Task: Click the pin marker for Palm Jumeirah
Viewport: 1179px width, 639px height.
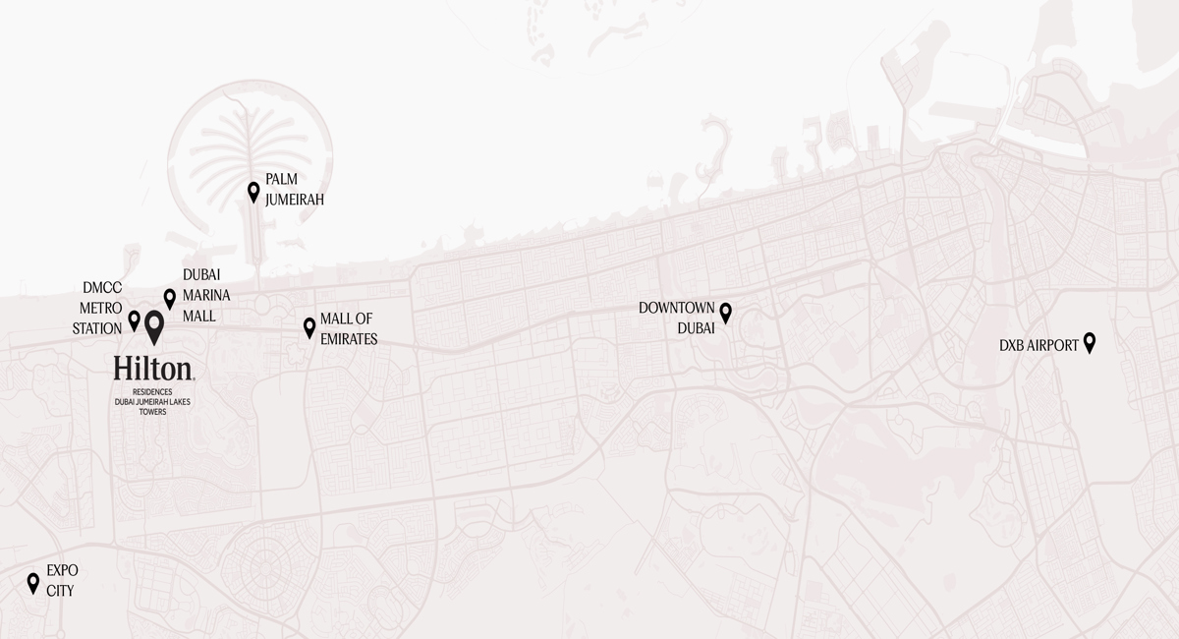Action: coord(253,192)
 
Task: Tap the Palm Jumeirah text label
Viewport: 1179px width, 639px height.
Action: coord(294,190)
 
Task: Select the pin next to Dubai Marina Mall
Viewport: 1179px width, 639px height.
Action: coord(169,299)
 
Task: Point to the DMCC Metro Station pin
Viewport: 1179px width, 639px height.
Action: coord(135,320)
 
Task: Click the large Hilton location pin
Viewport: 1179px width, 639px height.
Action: coord(154,326)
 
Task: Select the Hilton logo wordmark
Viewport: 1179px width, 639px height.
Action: coord(153,369)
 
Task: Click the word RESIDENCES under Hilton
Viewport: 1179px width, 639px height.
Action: coord(152,391)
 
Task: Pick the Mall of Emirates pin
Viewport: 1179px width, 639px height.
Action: coord(309,327)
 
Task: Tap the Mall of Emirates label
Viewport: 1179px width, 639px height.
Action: coord(348,328)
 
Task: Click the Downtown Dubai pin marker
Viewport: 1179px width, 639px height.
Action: coord(726,313)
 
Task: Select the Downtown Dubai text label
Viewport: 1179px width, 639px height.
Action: coord(677,318)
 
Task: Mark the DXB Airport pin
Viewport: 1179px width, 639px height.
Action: coord(1089,343)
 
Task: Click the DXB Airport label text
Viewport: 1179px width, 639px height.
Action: coord(1039,346)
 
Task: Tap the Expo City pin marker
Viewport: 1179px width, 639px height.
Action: coord(32,583)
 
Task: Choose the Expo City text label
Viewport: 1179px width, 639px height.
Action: coord(61,581)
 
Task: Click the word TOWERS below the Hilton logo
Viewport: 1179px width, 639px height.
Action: coord(152,413)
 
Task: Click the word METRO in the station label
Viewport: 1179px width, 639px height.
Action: coord(101,309)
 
